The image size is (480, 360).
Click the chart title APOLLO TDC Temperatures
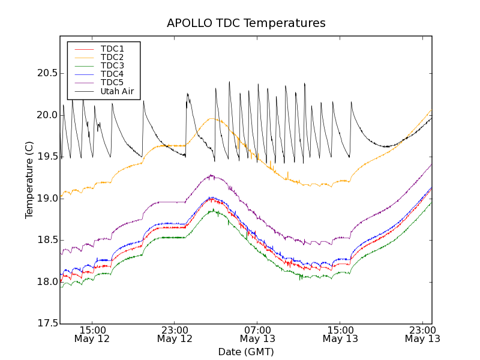(246, 23)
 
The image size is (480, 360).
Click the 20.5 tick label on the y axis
(46, 73)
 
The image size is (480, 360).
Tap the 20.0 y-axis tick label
(46, 115)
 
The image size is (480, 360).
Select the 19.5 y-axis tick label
(46, 157)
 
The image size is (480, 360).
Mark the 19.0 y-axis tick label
(46, 199)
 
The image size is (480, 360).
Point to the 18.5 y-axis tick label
(46, 240)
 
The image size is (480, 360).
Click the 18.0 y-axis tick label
(46, 282)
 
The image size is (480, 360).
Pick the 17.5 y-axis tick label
(46, 323)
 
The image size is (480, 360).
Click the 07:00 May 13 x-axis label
(257, 334)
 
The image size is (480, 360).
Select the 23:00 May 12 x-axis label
(175, 334)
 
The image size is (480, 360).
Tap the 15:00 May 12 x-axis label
(92, 334)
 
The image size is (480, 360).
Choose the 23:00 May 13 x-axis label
(422, 334)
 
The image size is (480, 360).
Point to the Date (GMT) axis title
(246, 352)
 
